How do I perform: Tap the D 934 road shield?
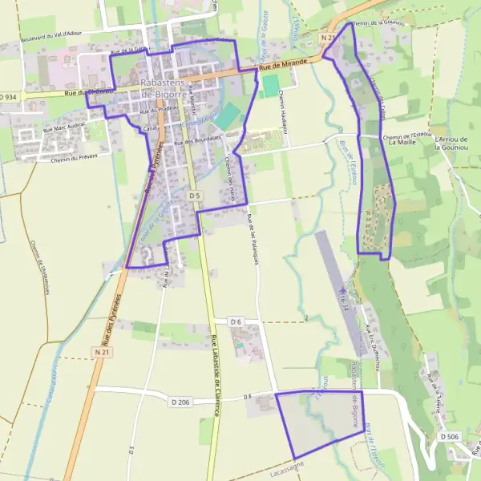coord(9,96)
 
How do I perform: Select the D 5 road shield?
coord(194,196)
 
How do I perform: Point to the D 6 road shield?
coord(236,321)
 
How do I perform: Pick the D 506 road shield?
coord(450,436)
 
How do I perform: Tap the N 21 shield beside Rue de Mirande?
coord(328,38)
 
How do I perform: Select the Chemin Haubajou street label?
coord(283,112)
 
